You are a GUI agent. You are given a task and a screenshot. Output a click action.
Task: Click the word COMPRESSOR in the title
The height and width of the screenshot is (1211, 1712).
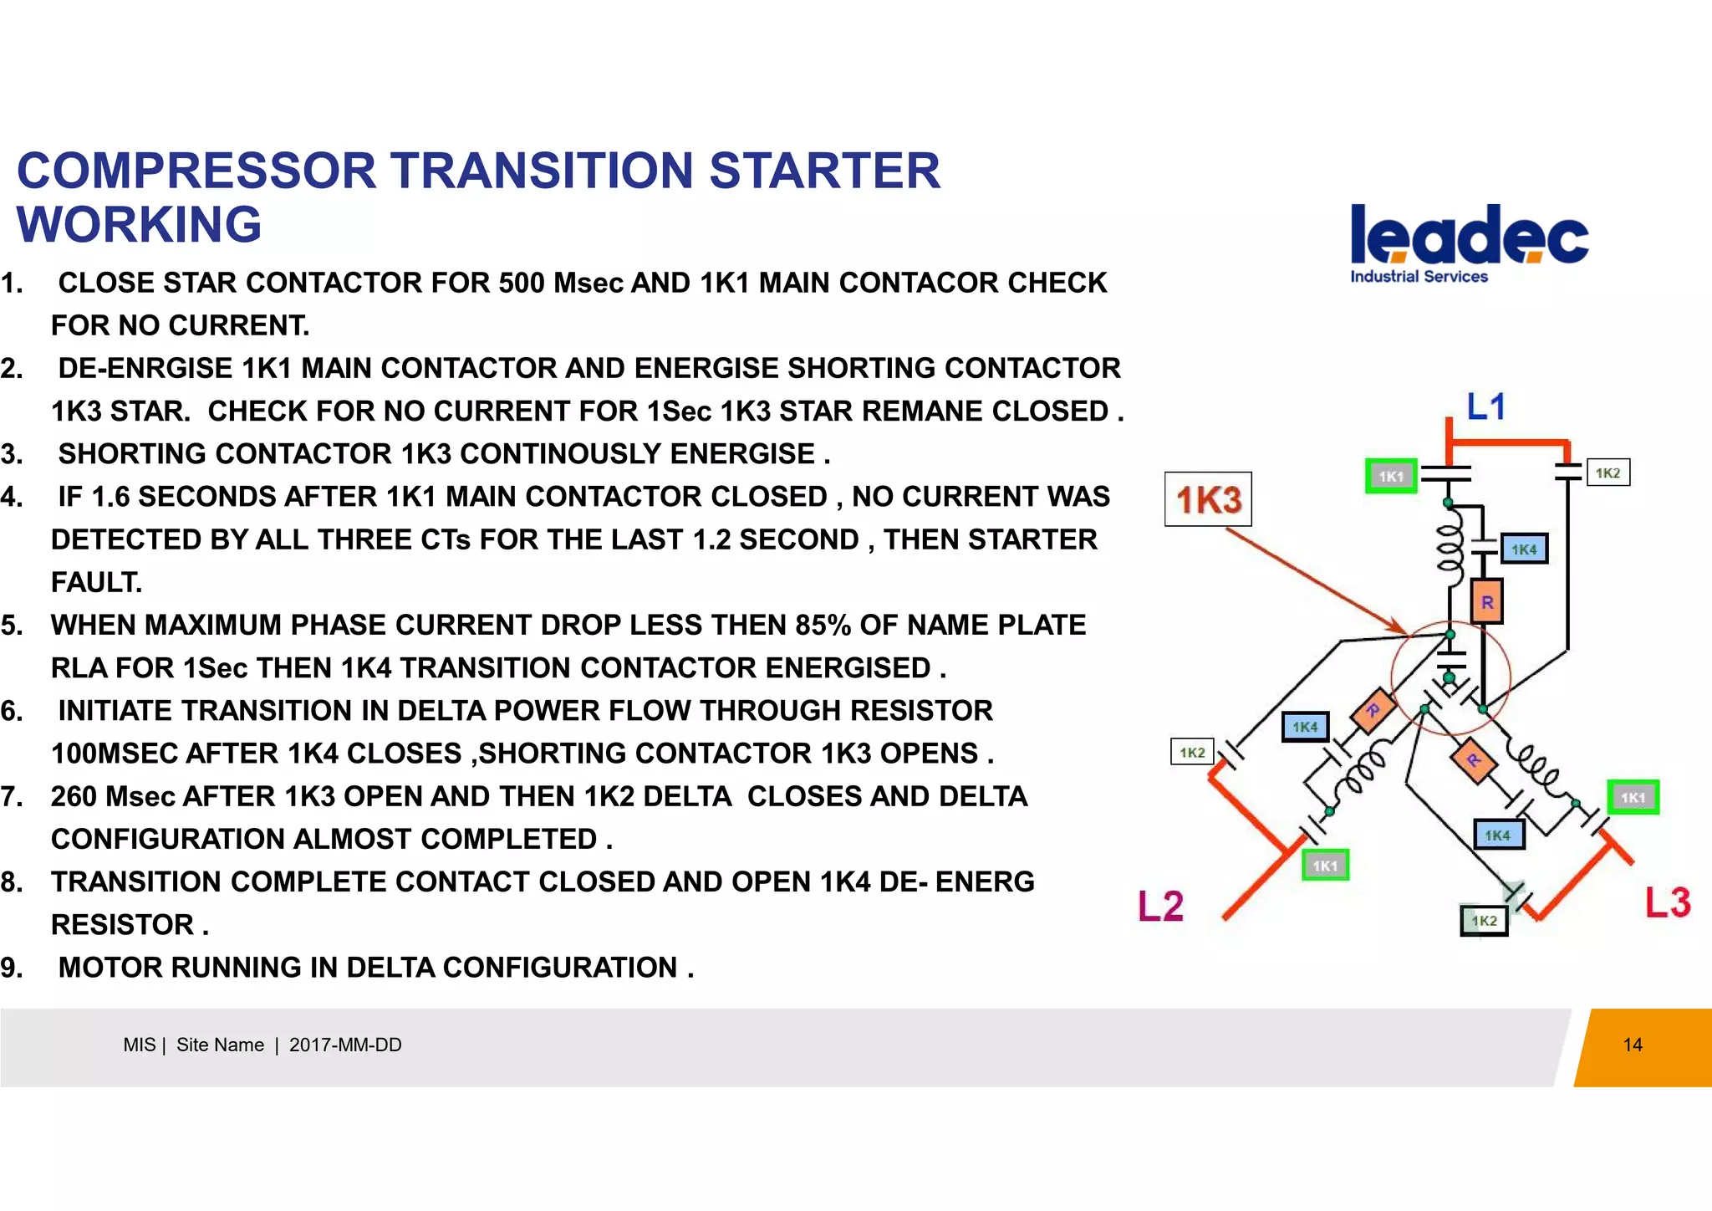[x=196, y=171]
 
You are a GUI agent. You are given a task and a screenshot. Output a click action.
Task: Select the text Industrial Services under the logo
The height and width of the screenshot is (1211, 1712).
[x=1419, y=277]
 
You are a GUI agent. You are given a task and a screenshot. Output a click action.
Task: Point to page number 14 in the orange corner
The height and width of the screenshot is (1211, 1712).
[x=1632, y=1045]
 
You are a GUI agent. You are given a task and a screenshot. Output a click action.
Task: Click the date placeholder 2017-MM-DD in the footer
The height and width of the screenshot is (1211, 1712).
[x=345, y=1045]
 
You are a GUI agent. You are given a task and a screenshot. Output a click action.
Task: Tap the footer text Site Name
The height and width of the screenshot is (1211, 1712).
[x=220, y=1045]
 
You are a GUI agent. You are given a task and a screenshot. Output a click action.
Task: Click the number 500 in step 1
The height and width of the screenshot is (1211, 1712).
[x=522, y=283]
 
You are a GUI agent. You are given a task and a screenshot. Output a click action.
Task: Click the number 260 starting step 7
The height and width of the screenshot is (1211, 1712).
[x=74, y=796]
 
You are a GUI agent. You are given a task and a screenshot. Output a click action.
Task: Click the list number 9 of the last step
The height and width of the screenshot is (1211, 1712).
[x=12, y=968]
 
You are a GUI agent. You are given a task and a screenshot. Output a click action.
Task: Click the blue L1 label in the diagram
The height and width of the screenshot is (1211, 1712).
[x=1485, y=406]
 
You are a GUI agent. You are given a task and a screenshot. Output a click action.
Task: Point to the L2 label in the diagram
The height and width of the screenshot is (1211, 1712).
[x=1160, y=906]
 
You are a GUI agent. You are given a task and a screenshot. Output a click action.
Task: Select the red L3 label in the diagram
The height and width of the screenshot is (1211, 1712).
[x=1668, y=902]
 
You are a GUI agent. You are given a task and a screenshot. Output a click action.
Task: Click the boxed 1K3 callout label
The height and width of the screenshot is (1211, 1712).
[x=1208, y=499]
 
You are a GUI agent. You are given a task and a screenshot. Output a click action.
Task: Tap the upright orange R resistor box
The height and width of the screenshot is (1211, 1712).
[x=1486, y=601]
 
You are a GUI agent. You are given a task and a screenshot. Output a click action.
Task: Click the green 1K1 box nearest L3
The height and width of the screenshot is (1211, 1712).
[x=1633, y=797]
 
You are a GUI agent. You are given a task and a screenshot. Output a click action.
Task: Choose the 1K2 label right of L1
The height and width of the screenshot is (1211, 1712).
[x=1608, y=473]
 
